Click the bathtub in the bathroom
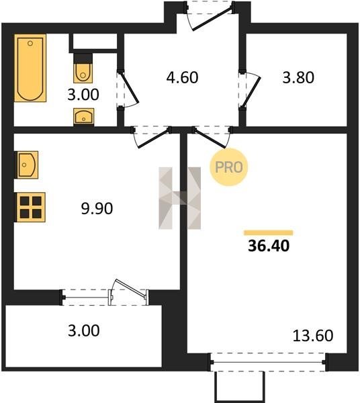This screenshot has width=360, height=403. (x=30, y=68)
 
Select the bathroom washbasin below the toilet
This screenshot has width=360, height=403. (x=83, y=117)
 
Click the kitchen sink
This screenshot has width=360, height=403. (x=27, y=165)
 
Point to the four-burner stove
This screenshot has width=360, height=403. (x=30, y=207)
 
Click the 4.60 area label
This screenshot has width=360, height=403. (x=182, y=77)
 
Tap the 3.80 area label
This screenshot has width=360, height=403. (x=298, y=77)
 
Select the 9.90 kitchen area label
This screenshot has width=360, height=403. (x=97, y=208)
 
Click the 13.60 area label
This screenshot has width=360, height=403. (x=313, y=336)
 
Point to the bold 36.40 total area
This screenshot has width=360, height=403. (x=269, y=245)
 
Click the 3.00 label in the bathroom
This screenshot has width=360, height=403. (x=83, y=95)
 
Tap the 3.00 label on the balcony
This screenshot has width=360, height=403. (x=84, y=330)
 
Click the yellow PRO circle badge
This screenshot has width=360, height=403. (x=228, y=167)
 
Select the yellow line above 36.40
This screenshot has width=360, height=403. (x=268, y=233)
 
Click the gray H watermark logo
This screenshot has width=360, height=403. (x=179, y=198)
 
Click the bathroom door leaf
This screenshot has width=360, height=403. (x=130, y=87)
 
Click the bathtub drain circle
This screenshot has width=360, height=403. (x=30, y=44)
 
